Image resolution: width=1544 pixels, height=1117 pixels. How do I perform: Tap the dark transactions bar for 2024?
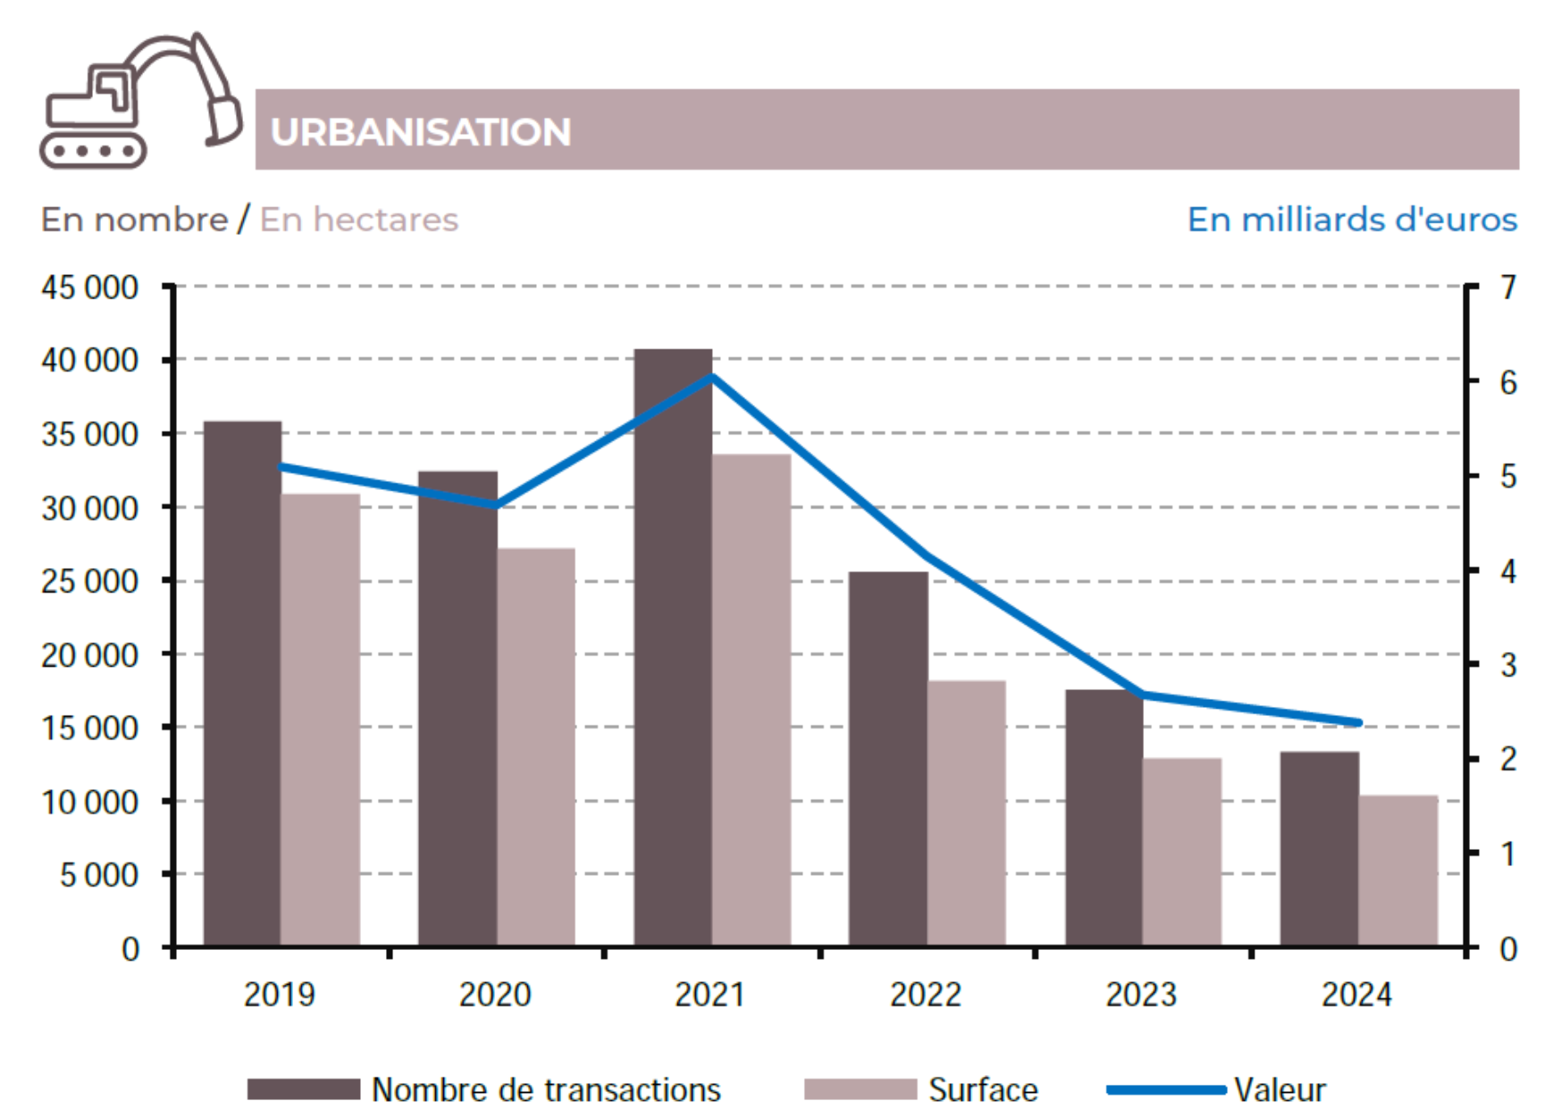[1319, 848]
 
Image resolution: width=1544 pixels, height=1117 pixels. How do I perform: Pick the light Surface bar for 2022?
[966, 812]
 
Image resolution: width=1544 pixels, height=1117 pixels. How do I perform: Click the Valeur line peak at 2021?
[711, 376]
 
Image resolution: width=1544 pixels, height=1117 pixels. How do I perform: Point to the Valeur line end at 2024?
[1358, 722]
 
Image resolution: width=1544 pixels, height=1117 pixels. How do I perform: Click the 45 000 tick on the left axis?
[89, 288]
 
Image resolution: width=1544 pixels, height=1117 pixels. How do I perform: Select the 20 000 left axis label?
[89, 655]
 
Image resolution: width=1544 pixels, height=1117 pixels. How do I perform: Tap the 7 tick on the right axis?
[1508, 288]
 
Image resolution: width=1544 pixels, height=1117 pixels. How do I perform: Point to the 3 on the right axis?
[1508, 665]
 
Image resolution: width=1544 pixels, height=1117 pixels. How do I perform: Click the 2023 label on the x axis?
[1141, 995]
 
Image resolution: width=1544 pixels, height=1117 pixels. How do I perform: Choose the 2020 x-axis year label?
[495, 995]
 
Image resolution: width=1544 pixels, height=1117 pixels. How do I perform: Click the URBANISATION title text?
[421, 132]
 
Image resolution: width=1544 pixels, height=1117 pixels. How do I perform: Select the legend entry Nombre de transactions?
[545, 1090]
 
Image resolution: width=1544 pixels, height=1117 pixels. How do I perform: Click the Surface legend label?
[983, 1090]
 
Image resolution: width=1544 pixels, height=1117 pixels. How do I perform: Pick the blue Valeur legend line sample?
[1165, 1090]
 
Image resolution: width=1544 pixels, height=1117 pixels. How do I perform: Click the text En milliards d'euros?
[1352, 220]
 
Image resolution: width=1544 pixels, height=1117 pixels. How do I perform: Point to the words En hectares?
[359, 220]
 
